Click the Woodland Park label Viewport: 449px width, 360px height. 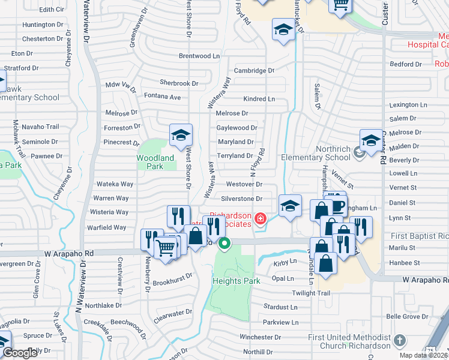pyautogui.click(x=155, y=162)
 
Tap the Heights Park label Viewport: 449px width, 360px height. pyautogui.click(x=235, y=281)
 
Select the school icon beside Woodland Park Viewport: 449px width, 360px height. pyautogui.click(x=180, y=136)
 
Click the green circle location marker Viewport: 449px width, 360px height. pyautogui.click(x=224, y=243)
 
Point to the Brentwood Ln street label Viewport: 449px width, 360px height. pyautogui.click(x=199, y=56)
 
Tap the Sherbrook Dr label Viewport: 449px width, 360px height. pyautogui.click(x=179, y=83)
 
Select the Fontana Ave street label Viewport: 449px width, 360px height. pyautogui.click(x=162, y=97)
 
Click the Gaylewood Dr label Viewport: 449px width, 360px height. pyautogui.click(x=237, y=127)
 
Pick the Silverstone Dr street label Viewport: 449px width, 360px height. pyautogui.click(x=242, y=199)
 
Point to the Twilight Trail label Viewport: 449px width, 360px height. pyautogui.click(x=311, y=293)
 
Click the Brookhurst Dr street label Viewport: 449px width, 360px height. pyautogui.click(x=172, y=278)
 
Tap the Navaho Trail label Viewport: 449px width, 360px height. pyautogui.click(x=40, y=127)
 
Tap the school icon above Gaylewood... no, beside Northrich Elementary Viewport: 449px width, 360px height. pyautogui.click(x=371, y=142)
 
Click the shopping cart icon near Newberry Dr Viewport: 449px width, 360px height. pyautogui.click(x=166, y=247)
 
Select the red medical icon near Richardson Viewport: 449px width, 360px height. pyautogui.click(x=261, y=218)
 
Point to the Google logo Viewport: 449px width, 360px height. pyautogui.click(x=20, y=353)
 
